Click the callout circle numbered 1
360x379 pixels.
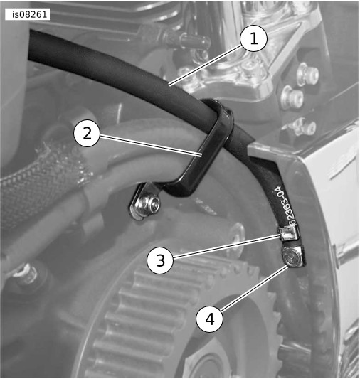[253, 38]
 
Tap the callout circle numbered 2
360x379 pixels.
[87, 133]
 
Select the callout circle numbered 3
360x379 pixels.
[160, 260]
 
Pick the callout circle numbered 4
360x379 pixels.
[209, 319]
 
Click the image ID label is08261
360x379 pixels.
[27, 14]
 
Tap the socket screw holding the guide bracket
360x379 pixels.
[150, 204]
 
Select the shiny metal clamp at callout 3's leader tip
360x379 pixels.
[289, 234]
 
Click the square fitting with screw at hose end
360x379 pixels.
[293, 257]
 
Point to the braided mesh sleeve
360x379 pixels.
[43, 179]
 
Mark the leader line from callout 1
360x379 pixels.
[205, 65]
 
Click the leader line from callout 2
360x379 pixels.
[150, 145]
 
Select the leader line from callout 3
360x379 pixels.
[226, 246]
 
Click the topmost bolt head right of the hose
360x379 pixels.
[309, 73]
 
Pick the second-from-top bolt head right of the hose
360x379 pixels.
[293, 97]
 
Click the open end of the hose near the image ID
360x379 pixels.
[31, 45]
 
